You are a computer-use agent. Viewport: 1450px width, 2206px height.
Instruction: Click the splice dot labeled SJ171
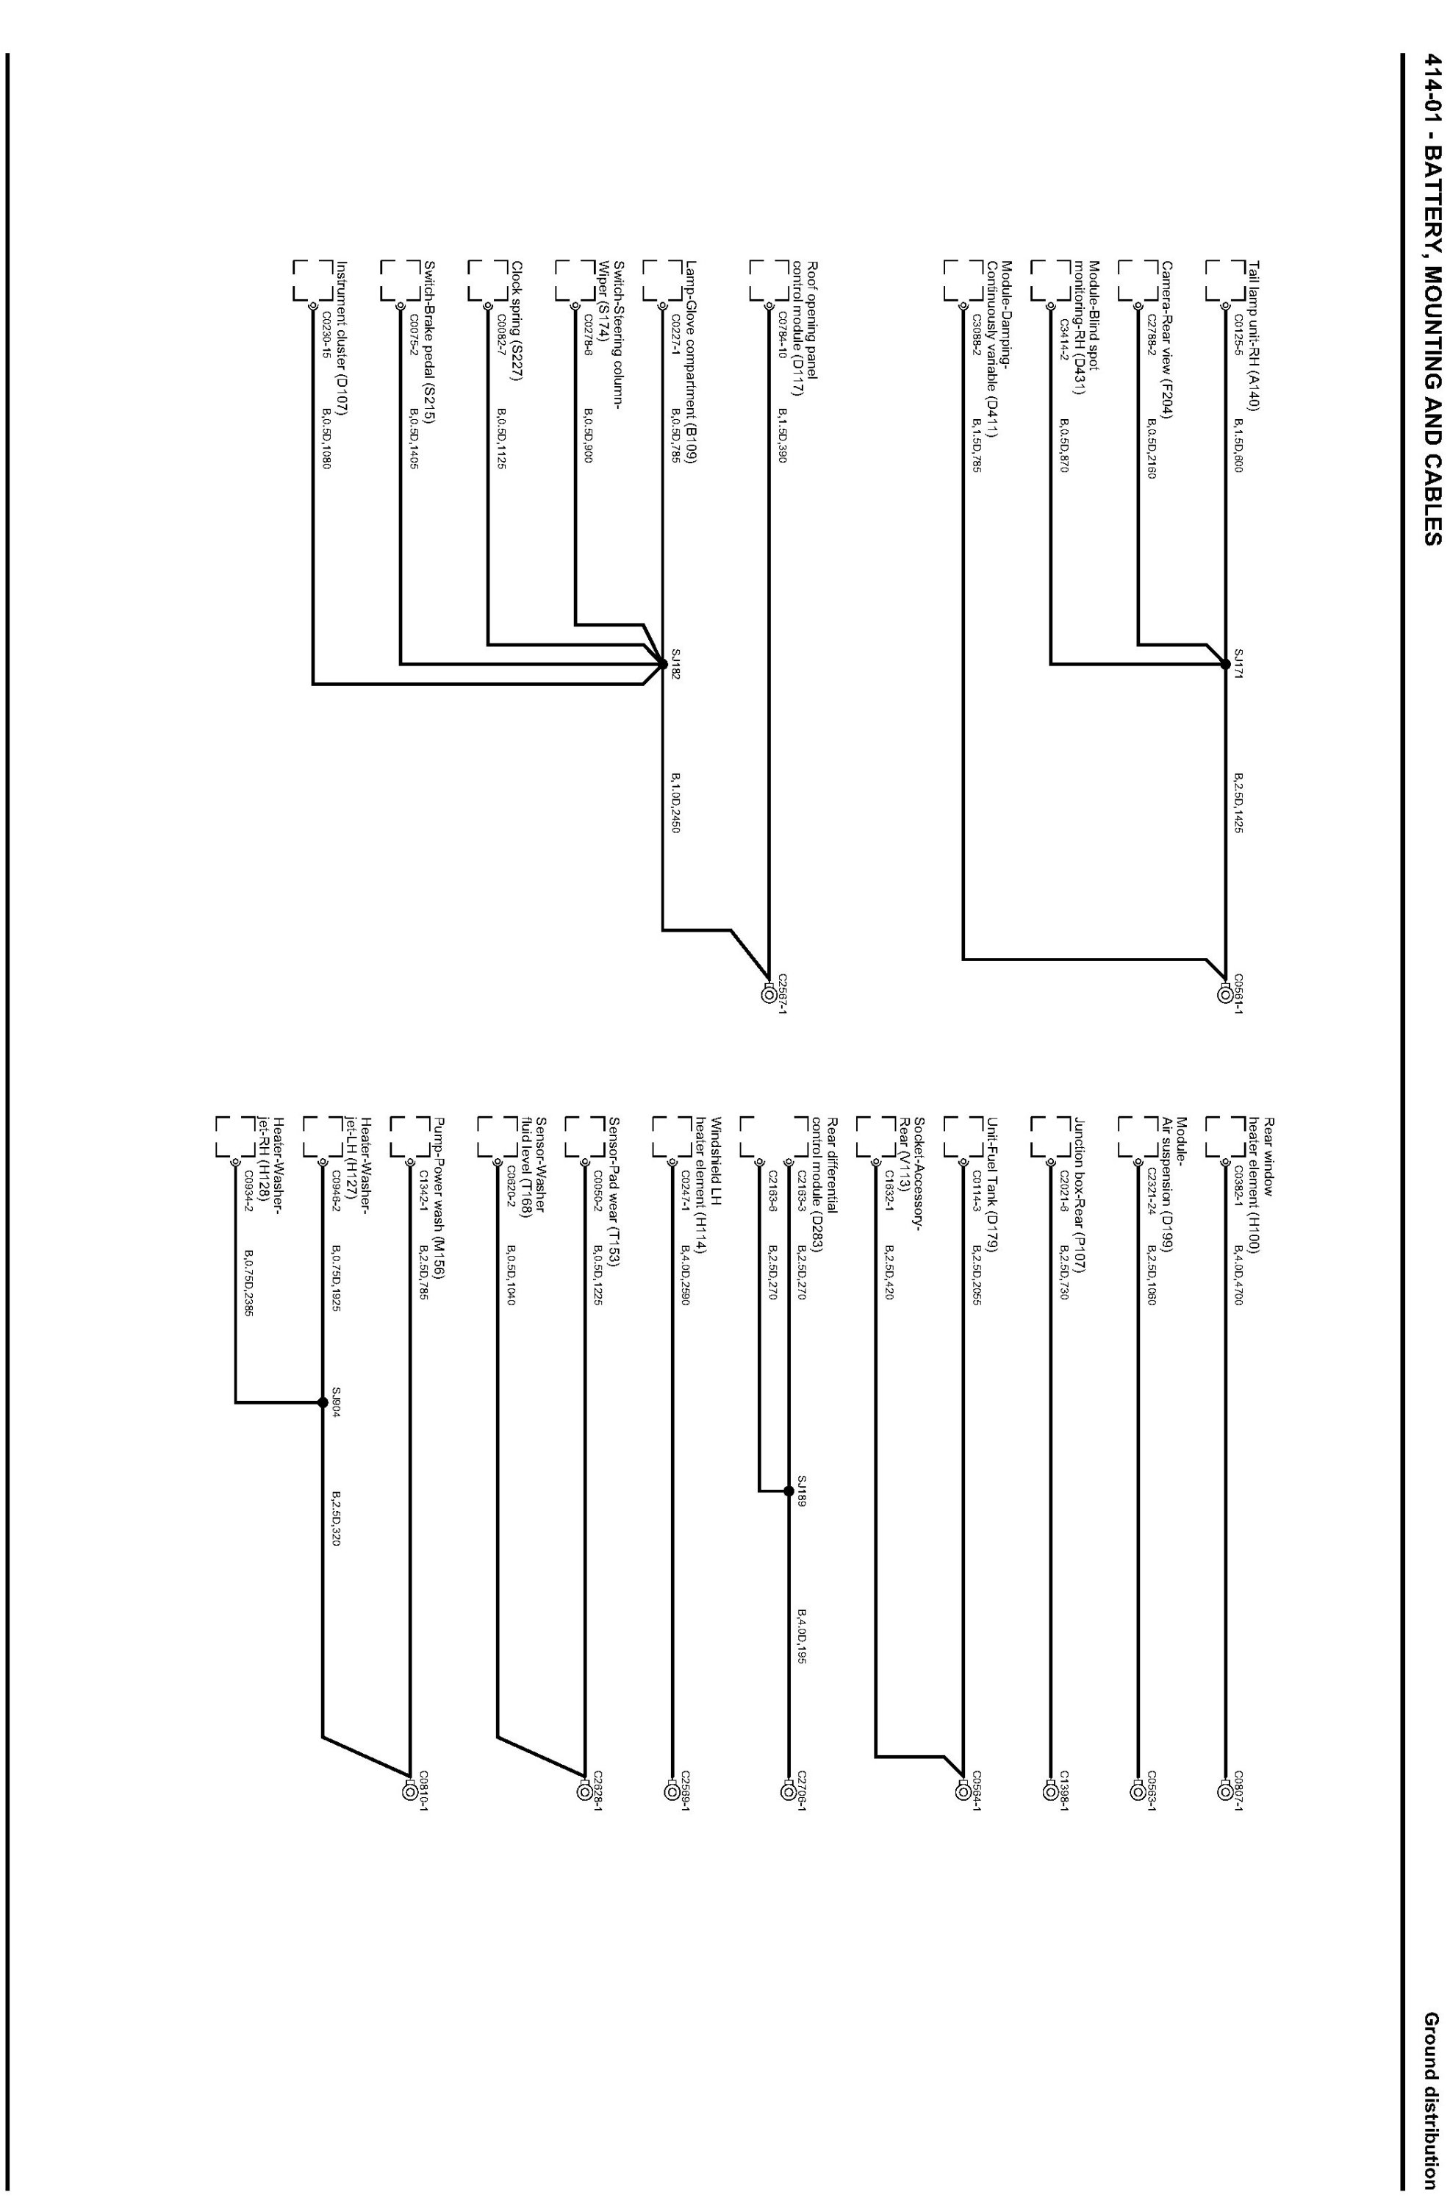click(1225, 664)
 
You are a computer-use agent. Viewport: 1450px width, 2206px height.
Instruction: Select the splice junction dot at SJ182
click(661, 664)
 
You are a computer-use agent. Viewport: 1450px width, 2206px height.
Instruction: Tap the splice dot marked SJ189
click(788, 1491)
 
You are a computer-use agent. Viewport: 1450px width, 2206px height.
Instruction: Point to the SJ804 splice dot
click(323, 1402)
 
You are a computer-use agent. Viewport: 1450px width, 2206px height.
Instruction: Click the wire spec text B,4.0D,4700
click(1237, 1275)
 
